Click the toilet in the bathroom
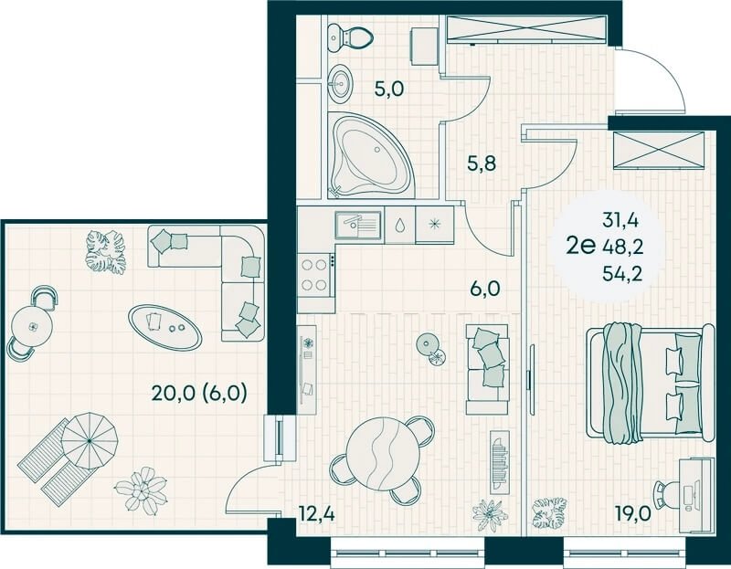(x=350, y=37)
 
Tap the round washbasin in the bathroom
(x=340, y=83)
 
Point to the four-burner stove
(x=314, y=276)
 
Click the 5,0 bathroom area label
(x=389, y=88)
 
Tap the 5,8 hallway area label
(x=482, y=163)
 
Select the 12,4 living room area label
(x=317, y=514)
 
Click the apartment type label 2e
(x=580, y=246)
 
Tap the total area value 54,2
(x=622, y=274)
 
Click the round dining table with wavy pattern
(x=383, y=452)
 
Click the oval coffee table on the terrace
(x=165, y=327)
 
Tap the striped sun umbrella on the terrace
(x=89, y=440)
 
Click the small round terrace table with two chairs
(x=32, y=325)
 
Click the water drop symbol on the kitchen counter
(x=399, y=226)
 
